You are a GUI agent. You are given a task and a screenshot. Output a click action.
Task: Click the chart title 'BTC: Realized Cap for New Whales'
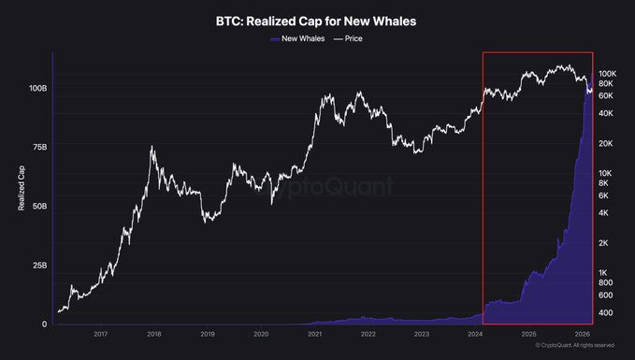pyautogui.click(x=316, y=22)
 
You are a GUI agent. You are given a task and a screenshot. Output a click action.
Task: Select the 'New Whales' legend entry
pyautogui.click(x=297, y=38)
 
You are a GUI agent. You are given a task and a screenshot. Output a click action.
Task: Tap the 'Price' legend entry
pyautogui.click(x=348, y=38)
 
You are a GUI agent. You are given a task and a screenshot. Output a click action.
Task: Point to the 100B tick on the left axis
pyautogui.click(x=37, y=88)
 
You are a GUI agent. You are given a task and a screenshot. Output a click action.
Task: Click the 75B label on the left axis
pyautogui.click(x=39, y=147)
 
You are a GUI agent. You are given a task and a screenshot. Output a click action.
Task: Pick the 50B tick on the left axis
pyautogui.click(x=39, y=206)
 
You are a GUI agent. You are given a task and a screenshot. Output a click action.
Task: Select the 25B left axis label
pyautogui.click(x=39, y=266)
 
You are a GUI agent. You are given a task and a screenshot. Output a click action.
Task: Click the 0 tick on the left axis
pyautogui.click(x=45, y=324)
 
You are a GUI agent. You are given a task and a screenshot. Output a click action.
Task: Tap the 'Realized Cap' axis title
pyautogui.click(x=22, y=188)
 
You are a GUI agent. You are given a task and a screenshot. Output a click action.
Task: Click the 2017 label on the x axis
pyautogui.click(x=100, y=334)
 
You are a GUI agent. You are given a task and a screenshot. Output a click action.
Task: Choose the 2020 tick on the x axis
pyautogui.click(x=261, y=334)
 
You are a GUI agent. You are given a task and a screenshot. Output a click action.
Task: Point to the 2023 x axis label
pyautogui.click(x=422, y=334)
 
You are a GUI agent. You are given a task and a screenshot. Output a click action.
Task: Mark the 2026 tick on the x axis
pyautogui.click(x=582, y=334)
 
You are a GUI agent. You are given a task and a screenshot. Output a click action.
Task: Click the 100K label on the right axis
pyautogui.click(x=608, y=74)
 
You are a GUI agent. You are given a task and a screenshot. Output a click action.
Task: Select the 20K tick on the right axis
pyautogui.click(x=606, y=143)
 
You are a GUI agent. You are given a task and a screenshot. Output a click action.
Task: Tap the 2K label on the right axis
pyautogui.click(x=603, y=243)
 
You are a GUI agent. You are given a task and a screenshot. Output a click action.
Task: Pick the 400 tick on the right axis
pyautogui.click(x=606, y=312)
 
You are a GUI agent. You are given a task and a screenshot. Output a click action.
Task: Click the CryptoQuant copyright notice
pyautogui.click(x=574, y=345)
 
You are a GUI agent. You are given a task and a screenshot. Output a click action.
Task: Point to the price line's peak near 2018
pyautogui.click(x=152, y=146)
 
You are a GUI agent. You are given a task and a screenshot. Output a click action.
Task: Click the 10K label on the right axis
pyautogui.click(x=605, y=173)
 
